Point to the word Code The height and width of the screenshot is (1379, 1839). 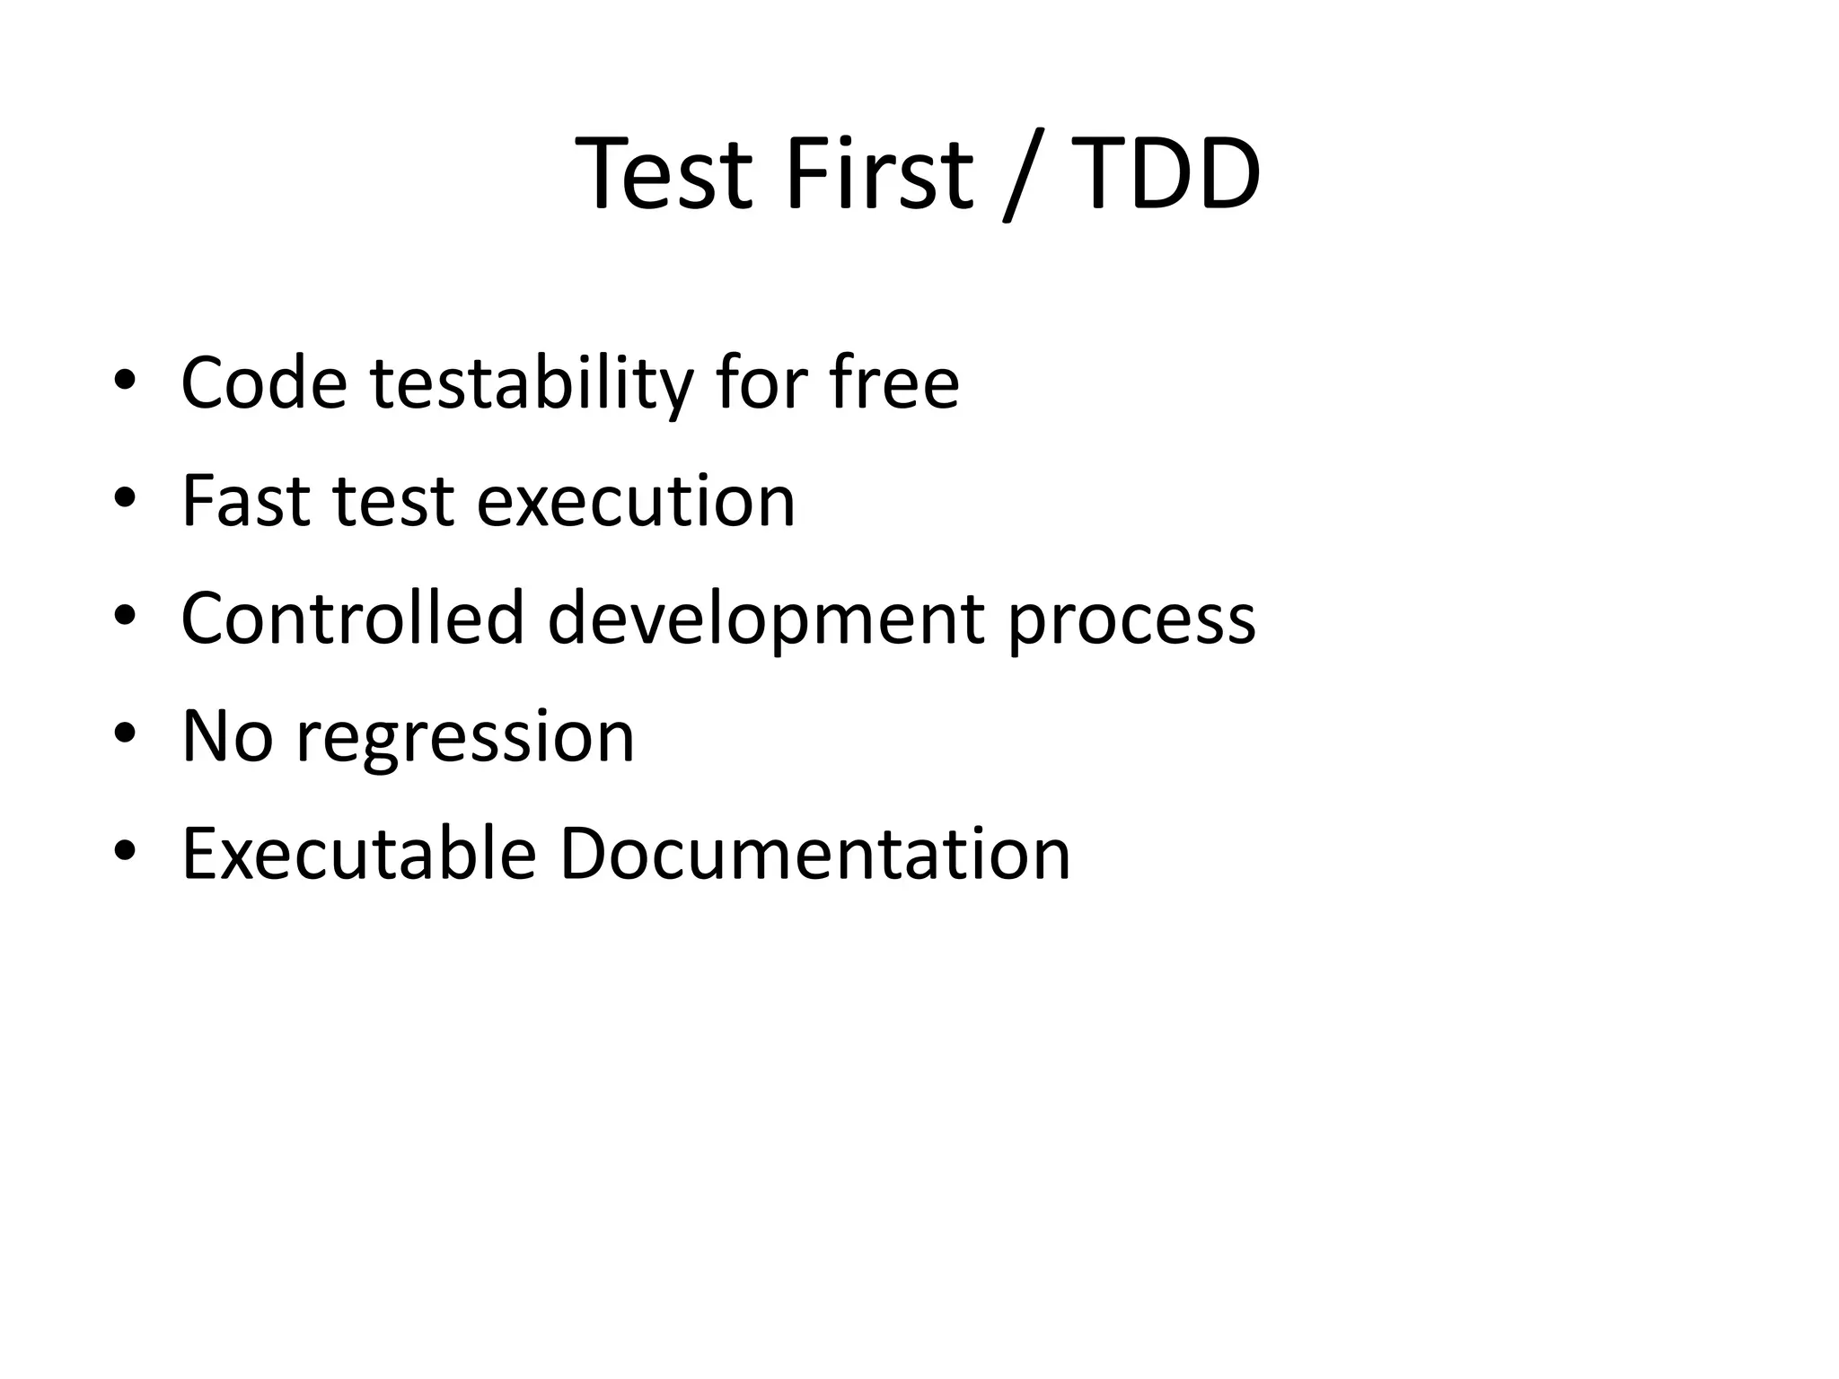pyautogui.click(x=264, y=383)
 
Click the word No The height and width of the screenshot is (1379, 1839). pyautogui.click(x=227, y=736)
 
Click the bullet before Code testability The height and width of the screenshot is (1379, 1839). pyautogui.click(x=125, y=381)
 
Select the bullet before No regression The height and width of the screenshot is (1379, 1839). pyautogui.click(x=125, y=733)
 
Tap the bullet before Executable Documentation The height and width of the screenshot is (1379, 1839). pyautogui.click(x=125, y=850)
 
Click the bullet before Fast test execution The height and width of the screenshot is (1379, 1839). pyautogui.click(x=125, y=498)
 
